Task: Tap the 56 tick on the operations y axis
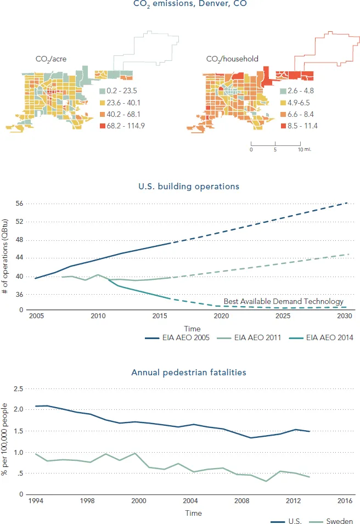coord(19,204)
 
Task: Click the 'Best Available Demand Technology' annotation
coord(283,301)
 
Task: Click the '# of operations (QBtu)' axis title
coord(5,256)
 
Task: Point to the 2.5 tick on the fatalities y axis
coord(18,389)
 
